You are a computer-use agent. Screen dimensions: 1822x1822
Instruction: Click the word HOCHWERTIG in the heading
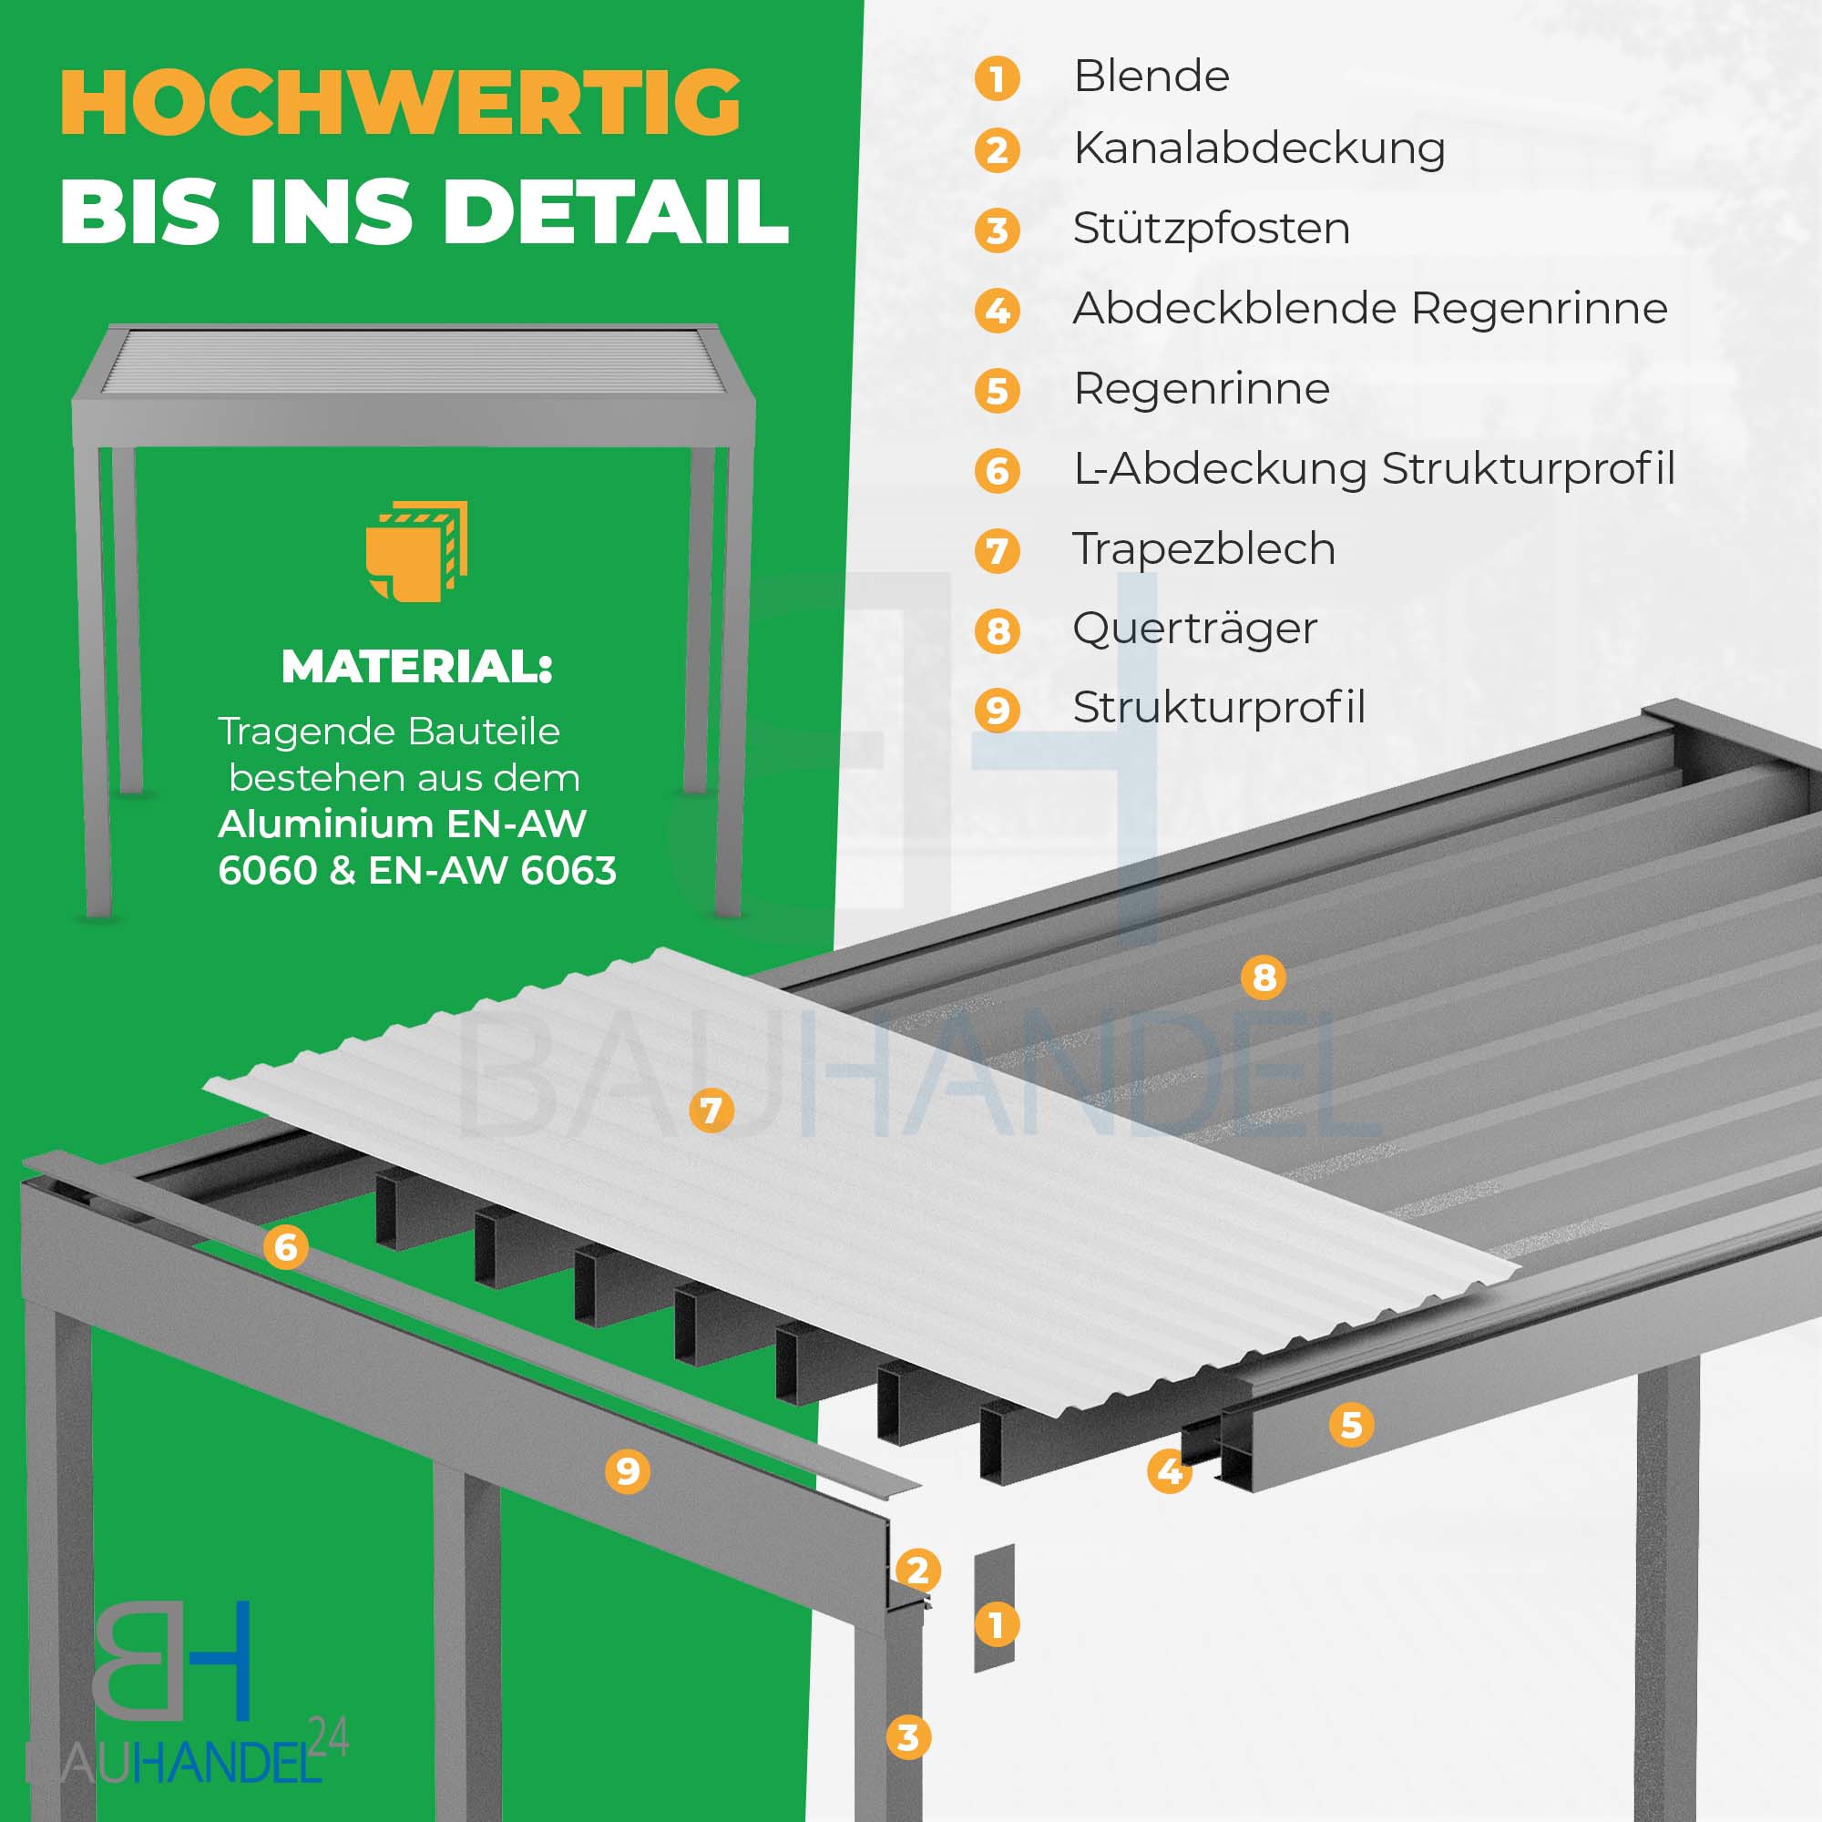(401, 103)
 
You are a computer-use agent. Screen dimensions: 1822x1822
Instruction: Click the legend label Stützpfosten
(1211, 230)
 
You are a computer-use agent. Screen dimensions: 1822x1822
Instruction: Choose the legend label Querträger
(1195, 629)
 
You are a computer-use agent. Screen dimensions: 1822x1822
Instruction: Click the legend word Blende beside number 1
(1152, 77)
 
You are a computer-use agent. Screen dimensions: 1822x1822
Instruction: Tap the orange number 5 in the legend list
(997, 392)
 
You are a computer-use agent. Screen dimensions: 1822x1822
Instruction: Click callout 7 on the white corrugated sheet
(711, 1110)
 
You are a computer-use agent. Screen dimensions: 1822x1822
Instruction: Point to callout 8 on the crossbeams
(1264, 978)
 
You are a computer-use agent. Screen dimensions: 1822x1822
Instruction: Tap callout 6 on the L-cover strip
(286, 1248)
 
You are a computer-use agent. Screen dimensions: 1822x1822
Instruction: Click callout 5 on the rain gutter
(1351, 1425)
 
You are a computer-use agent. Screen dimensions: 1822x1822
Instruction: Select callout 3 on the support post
(908, 1737)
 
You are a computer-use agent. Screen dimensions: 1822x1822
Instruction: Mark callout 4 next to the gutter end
(1170, 1471)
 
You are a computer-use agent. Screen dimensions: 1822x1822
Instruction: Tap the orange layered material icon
(417, 552)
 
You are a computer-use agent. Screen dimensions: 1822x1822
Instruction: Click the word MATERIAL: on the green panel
(417, 667)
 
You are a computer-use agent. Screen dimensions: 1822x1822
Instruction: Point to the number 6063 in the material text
(568, 870)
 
